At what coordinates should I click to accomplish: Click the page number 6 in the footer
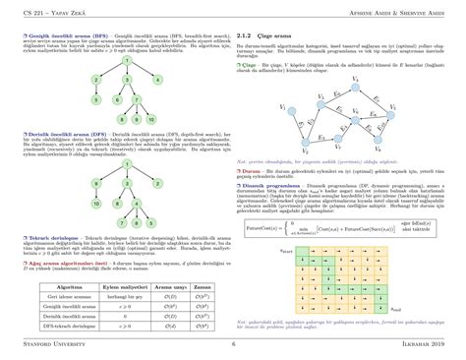coord(233,345)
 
